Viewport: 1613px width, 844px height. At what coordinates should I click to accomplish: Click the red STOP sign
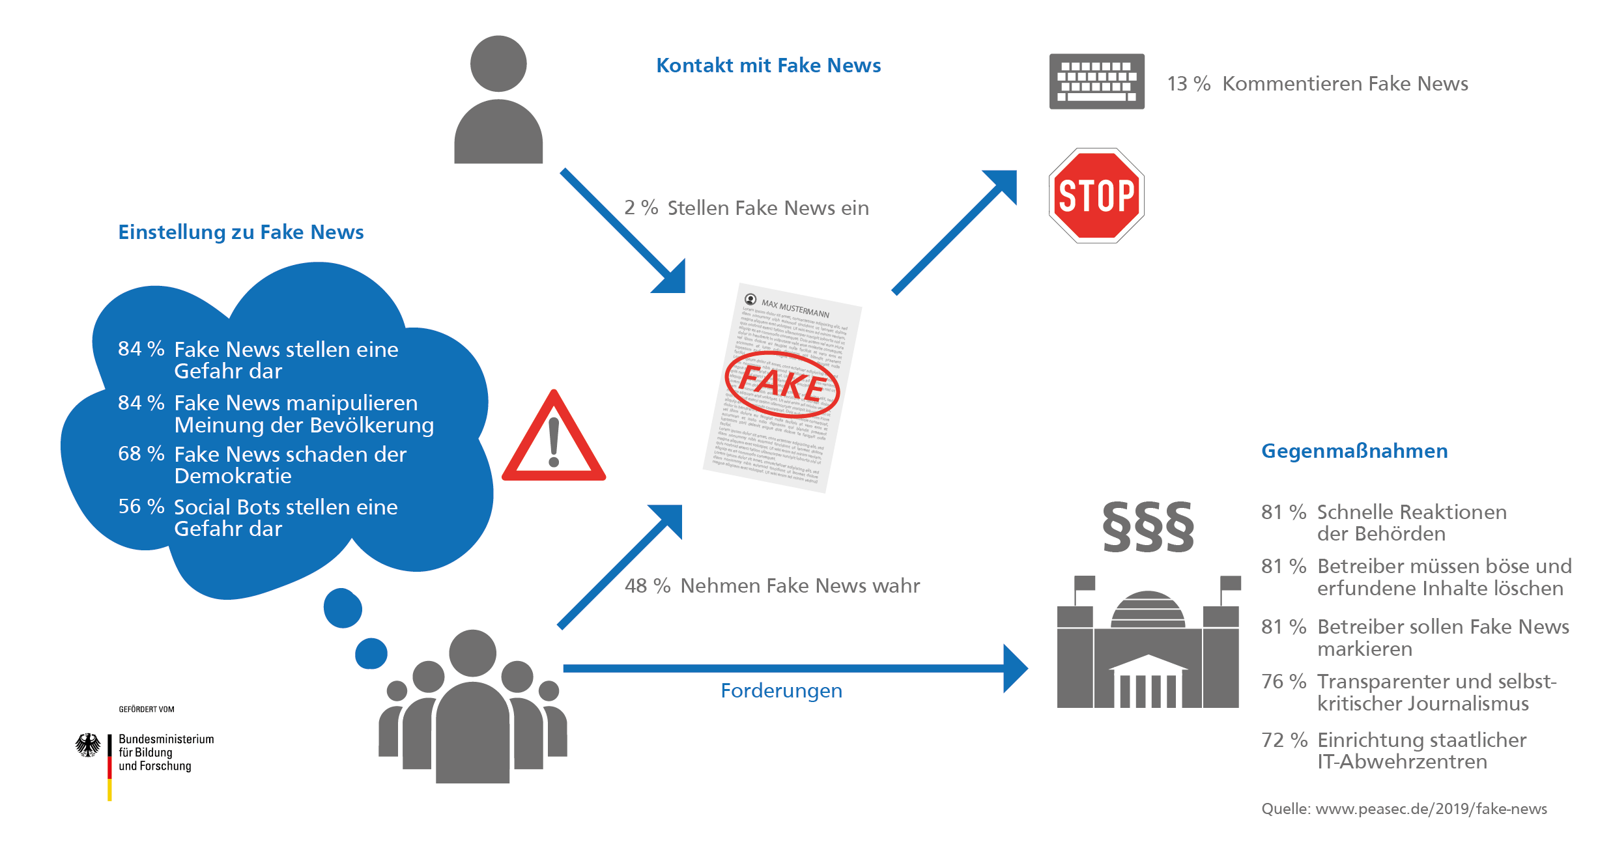click(1096, 195)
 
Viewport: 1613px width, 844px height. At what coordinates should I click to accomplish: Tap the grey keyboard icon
click(1096, 81)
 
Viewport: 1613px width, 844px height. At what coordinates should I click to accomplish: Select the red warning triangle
click(554, 440)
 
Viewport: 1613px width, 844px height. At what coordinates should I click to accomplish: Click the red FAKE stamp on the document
click(782, 384)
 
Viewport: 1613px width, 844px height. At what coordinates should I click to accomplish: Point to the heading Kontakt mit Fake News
click(768, 66)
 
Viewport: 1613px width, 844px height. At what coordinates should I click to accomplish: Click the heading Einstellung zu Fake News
click(240, 232)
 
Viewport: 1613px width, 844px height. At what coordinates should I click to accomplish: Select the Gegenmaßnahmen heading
click(1354, 451)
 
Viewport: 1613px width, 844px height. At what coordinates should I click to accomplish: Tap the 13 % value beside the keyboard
click(1188, 84)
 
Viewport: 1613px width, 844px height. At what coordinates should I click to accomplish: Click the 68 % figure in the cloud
click(141, 453)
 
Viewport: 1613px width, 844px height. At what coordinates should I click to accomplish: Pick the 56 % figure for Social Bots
click(141, 506)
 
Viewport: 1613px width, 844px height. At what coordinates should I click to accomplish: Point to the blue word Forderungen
click(781, 691)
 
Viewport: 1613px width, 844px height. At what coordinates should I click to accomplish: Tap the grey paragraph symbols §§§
click(1148, 527)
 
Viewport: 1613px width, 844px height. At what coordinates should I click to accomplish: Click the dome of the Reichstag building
click(1148, 609)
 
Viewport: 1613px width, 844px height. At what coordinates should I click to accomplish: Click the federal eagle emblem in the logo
click(88, 745)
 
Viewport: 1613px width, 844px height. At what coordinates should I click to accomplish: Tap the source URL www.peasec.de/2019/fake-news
click(1431, 809)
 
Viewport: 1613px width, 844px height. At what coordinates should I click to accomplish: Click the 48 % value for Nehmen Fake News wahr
click(647, 586)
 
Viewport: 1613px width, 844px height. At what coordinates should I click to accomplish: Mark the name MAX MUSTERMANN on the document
click(795, 309)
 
